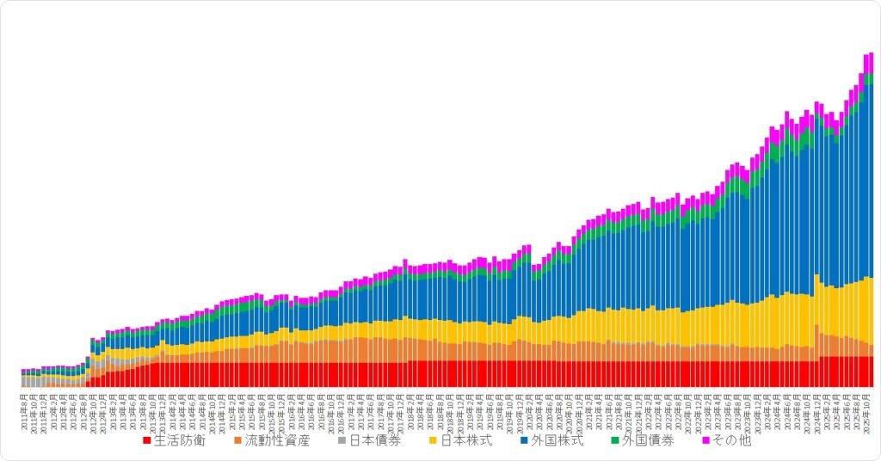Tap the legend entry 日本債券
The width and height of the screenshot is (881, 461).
coord(374,441)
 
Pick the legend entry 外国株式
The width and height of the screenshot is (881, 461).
coord(558,441)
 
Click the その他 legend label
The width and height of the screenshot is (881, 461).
coord(732,441)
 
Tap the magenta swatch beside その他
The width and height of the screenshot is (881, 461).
coord(707,441)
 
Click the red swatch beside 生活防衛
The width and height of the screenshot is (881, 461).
coord(147,441)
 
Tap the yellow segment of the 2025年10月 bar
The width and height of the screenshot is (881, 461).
coord(871,310)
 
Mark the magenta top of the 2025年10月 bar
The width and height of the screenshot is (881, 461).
coord(871,63)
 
